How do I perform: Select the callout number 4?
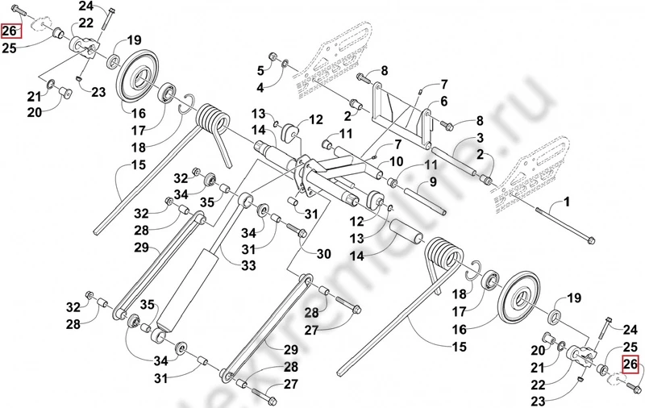(260, 86)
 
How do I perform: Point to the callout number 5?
(260, 69)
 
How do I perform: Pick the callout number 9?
(432, 182)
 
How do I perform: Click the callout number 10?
(397, 162)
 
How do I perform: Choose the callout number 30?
(322, 253)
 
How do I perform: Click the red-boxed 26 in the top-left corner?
(10, 32)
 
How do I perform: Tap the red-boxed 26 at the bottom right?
(630, 364)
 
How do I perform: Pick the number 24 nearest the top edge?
(85, 6)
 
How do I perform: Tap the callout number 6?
(443, 101)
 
